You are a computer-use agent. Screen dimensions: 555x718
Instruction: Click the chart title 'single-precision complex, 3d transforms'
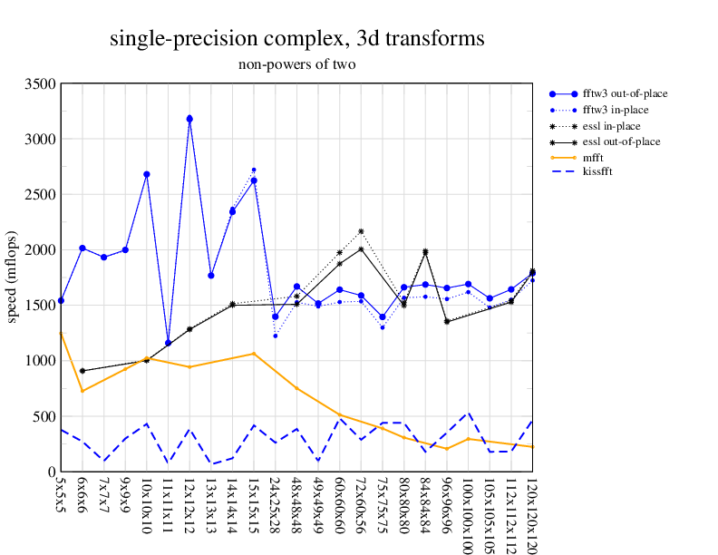[296, 39]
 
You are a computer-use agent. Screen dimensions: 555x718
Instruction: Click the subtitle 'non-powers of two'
[296, 64]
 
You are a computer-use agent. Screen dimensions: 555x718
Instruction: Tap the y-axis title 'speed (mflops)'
[13, 277]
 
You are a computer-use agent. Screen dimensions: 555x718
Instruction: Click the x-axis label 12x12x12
[189, 503]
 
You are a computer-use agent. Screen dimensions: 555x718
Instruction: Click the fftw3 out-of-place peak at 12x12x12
[189, 119]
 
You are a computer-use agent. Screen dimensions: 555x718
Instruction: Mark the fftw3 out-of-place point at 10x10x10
[147, 174]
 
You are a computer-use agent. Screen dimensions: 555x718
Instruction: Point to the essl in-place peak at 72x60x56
[361, 231]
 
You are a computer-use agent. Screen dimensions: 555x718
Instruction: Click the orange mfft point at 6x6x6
[82, 391]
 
